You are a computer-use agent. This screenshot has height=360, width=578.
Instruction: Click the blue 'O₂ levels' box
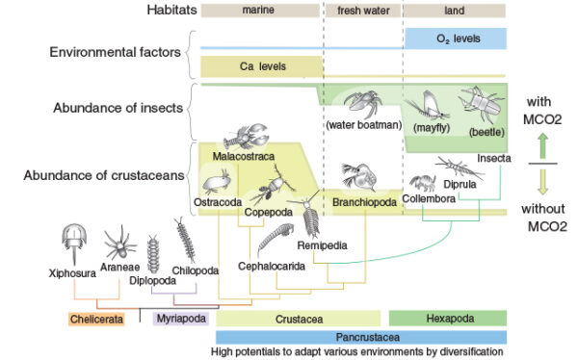(457, 39)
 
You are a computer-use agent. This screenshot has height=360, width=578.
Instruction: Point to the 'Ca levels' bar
(261, 66)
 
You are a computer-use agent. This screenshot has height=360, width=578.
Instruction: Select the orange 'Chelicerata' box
(97, 318)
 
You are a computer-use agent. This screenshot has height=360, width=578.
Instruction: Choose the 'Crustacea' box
(299, 318)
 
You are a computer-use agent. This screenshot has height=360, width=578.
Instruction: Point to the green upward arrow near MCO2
(541, 144)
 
